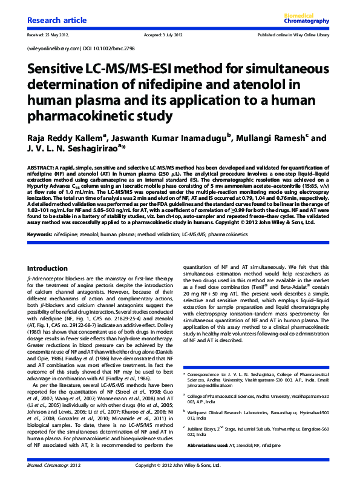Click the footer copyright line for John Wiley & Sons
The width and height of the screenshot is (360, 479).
pyautogui.click(x=180, y=465)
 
